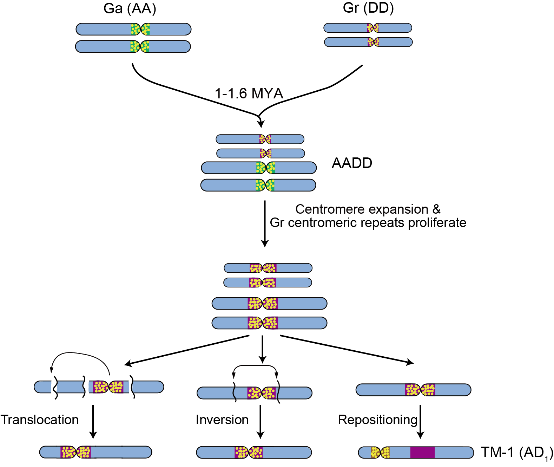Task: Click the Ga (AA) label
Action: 130,8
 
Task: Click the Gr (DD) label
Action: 368,7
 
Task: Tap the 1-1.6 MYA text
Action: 249,93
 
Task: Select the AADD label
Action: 352,163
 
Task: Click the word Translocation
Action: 39,420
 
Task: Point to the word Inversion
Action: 222,420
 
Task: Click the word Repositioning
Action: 377,420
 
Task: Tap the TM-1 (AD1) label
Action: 516,453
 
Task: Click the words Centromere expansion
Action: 362,209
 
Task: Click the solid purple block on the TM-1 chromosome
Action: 422,453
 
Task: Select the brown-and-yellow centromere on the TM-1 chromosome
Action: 380,453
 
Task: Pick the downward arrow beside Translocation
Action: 93,422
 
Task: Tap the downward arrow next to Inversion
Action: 260,422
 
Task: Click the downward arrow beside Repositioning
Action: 420,422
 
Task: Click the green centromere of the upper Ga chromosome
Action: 140,29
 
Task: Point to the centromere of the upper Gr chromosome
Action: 373,28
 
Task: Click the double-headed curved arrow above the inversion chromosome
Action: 255,367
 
